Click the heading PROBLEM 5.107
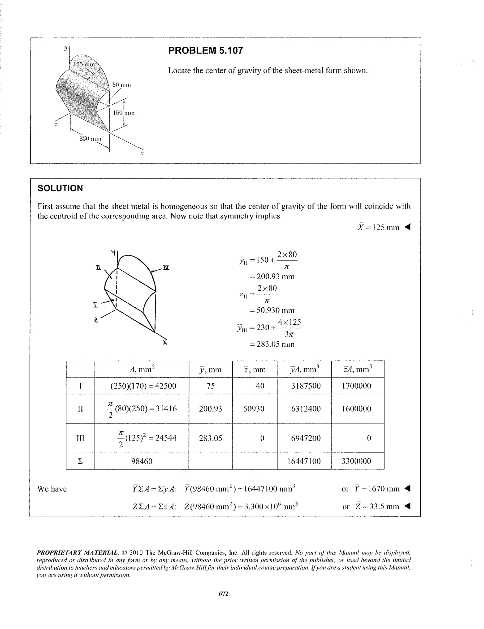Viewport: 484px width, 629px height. pyautogui.click(x=205, y=50)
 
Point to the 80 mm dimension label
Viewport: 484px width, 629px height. pyautogui.click(x=121, y=85)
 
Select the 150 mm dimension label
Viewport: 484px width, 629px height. pyautogui.click(x=124, y=113)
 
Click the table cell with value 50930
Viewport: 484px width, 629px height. pyautogui.click(x=254, y=408)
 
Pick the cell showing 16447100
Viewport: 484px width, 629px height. pyautogui.click(x=304, y=461)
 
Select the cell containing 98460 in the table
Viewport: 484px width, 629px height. pyautogui.click(x=142, y=461)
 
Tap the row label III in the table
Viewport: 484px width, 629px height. pyautogui.click(x=80, y=438)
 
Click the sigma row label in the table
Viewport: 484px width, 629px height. pyautogui.click(x=80, y=461)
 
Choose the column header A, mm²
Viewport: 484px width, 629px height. pyautogui.click(x=142, y=369)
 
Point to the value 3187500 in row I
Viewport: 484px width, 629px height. pyautogui.click(x=306, y=386)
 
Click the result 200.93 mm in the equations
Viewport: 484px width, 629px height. pyautogui.click(x=272, y=276)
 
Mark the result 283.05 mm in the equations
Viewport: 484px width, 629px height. pyautogui.click(x=272, y=344)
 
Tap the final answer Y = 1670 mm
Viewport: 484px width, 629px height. pyautogui.click(x=377, y=488)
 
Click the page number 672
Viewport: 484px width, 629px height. pyautogui.click(x=224, y=593)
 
